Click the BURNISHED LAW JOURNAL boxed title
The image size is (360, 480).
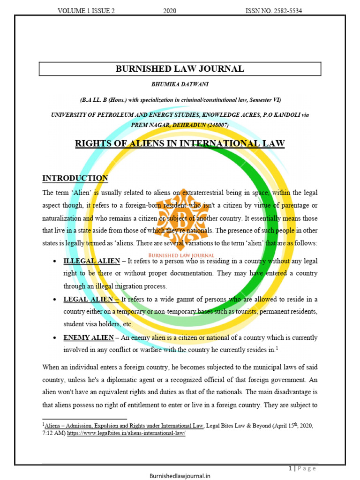tap(180, 69)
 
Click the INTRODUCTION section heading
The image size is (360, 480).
tap(75, 178)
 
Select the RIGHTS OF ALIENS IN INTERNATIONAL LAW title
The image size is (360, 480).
tap(180, 143)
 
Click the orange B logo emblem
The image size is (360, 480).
tap(180, 210)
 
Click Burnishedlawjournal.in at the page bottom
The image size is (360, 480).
tap(180, 475)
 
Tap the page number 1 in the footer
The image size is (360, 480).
tap(291, 468)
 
